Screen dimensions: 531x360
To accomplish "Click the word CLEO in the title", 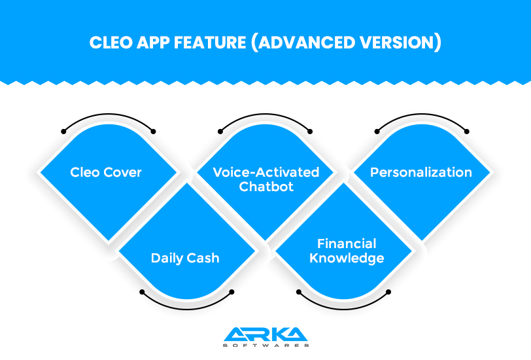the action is tap(111, 43).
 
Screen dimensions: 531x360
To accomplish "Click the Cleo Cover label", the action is tap(106, 172).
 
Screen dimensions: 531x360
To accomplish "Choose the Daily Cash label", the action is tap(185, 259).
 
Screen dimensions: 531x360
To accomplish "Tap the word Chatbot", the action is tap(266, 187).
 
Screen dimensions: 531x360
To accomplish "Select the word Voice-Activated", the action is tap(266, 172).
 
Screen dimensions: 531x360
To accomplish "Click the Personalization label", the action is tap(421, 172).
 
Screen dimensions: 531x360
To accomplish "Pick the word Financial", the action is tap(347, 243).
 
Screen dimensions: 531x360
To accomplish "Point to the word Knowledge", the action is tap(347, 259).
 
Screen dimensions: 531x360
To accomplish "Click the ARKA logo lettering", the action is tap(265, 334).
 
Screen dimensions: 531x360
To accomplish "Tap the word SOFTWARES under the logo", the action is tap(266, 346).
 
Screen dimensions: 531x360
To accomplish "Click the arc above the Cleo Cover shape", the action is tap(109, 114).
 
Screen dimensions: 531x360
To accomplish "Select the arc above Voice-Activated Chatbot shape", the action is tap(265, 114).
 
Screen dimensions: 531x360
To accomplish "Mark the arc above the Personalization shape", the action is tap(422, 114).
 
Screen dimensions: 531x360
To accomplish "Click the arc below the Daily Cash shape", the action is tap(187, 309).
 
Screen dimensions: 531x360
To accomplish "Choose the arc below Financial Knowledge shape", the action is tap(343, 309).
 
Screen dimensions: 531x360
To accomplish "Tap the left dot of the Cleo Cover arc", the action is tap(63, 132).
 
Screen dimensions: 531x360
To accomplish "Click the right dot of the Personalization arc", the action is tap(467, 132).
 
